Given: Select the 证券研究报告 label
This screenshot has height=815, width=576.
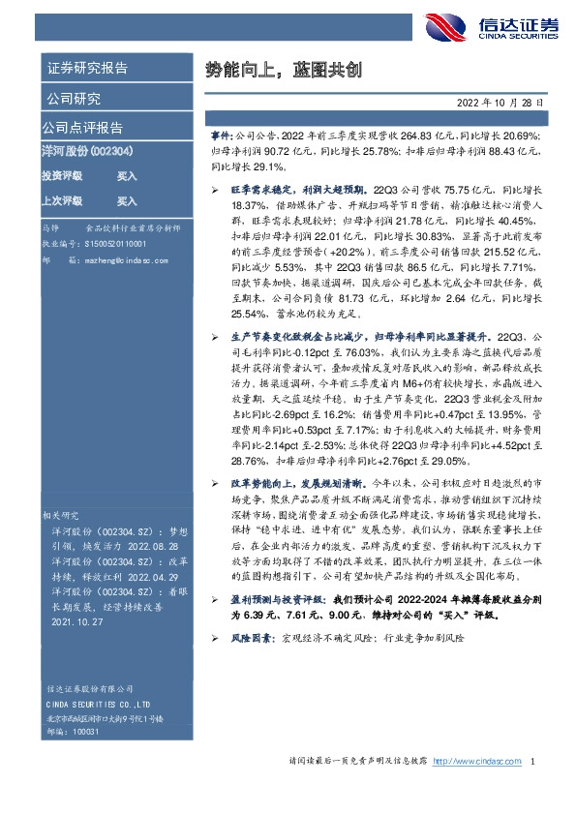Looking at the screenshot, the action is [x=87, y=69].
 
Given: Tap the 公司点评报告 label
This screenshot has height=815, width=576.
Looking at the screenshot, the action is [x=81, y=128].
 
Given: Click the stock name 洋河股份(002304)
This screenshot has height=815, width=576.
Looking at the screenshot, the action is [x=81, y=154].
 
